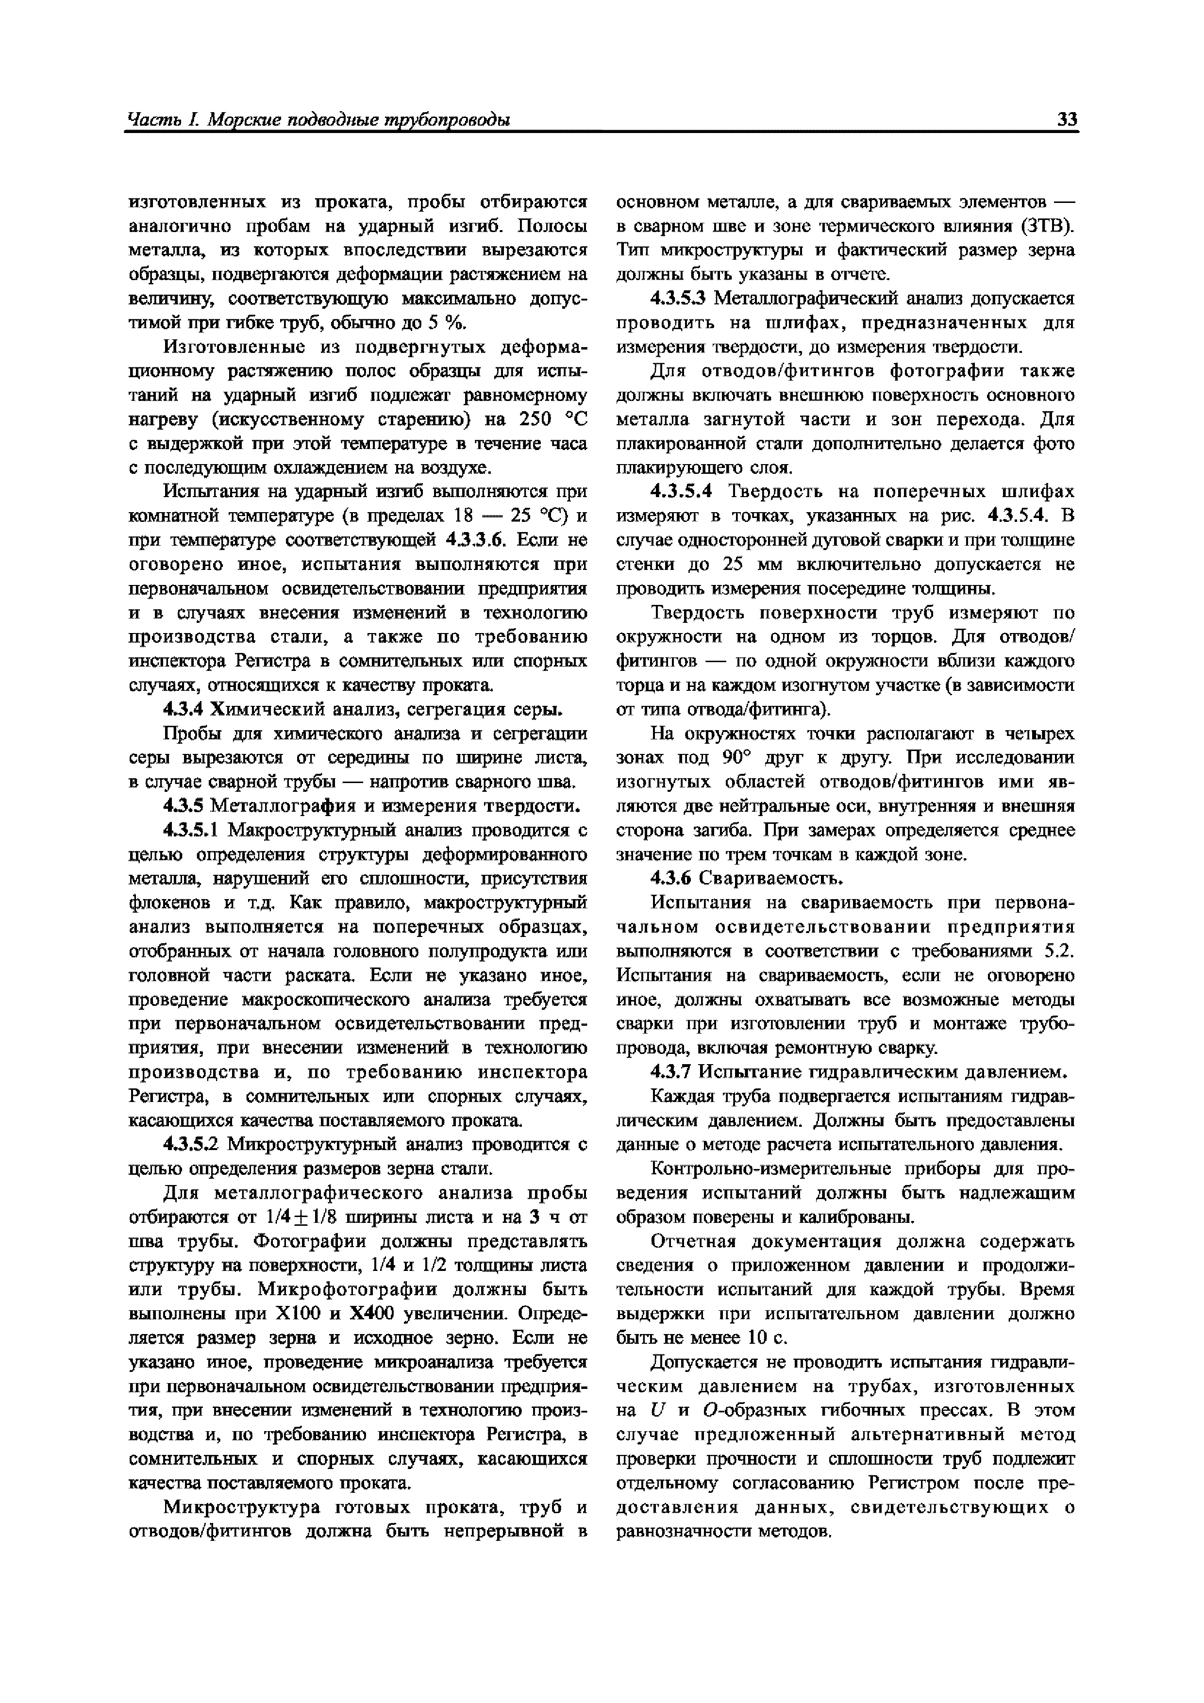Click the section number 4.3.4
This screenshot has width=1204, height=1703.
184,709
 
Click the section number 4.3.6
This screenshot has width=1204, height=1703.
670,878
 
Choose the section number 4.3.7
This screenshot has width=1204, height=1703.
670,1072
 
